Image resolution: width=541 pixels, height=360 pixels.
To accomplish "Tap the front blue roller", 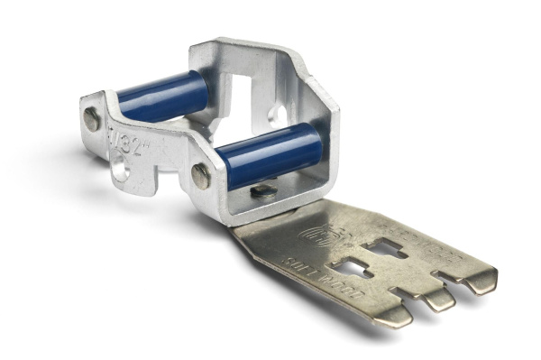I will [270, 154].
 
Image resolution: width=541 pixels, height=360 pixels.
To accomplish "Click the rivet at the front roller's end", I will [201, 176].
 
